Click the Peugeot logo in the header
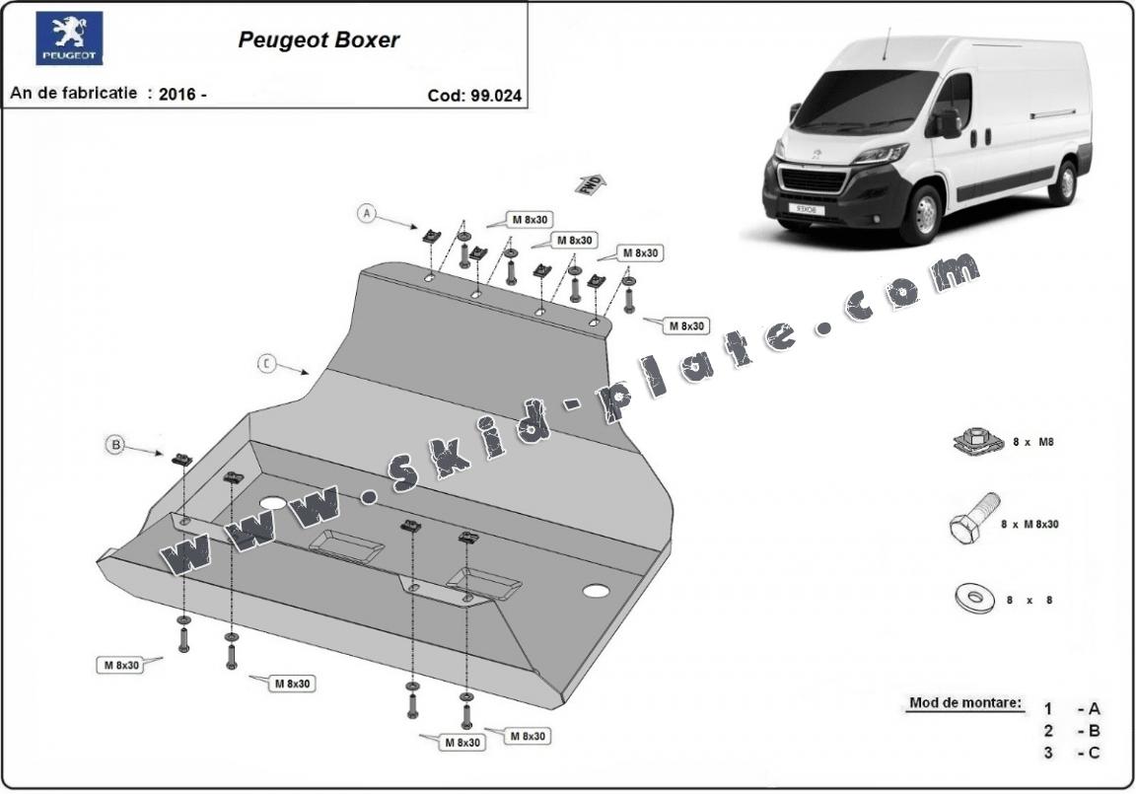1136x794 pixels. click(x=69, y=38)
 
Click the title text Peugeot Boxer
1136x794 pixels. click(x=319, y=40)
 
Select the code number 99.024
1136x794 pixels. click(x=496, y=96)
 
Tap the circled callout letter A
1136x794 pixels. click(x=367, y=213)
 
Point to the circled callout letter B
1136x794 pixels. click(x=115, y=446)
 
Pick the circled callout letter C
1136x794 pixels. click(x=266, y=363)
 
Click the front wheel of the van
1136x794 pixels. click(x=925, y=215)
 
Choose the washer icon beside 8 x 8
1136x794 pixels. click(x=975, y=598)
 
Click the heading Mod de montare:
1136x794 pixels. click(x=966, y=704)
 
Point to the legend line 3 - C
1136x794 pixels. click(x=1072, y=754)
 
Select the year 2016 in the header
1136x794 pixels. click(x=176, y=95)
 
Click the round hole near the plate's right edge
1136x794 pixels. click(x=596, y=591)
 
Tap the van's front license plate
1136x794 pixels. click(x=807, y=208)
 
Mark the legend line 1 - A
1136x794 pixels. click(x=1072, y=708)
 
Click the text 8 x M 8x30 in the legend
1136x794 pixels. click(x=1029, y=525)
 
